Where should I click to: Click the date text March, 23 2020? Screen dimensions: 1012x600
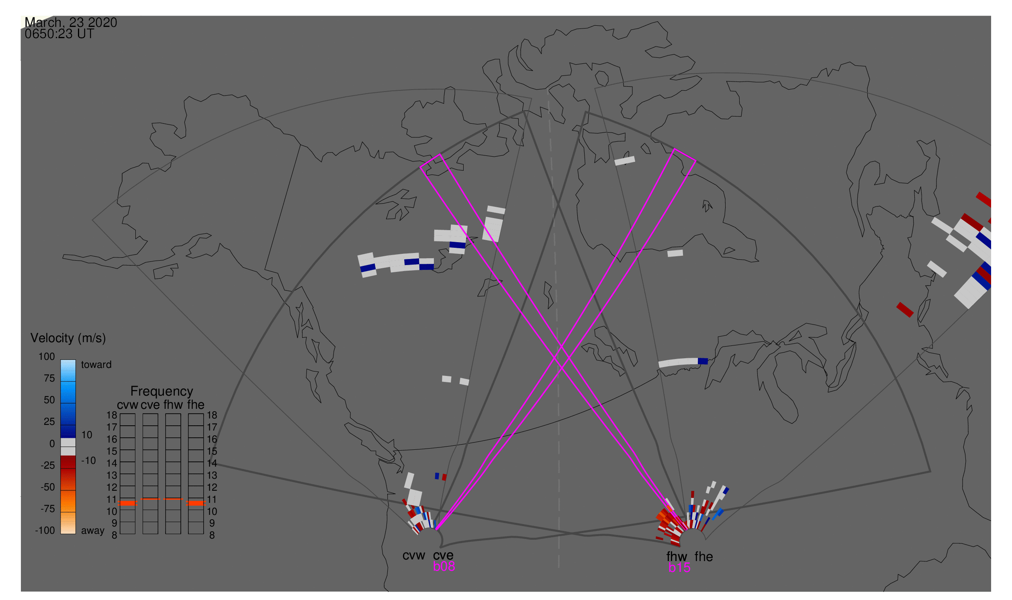click(x=71, y=22)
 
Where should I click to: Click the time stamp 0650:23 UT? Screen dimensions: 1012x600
click(x=59, y=34)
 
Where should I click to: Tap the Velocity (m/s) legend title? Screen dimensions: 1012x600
click(x=68, y=339)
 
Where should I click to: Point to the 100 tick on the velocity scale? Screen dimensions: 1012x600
click(x=47, y=357)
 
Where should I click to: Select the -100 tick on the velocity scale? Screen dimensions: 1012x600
click(x=45, y=531)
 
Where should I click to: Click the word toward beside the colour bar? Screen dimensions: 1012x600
click(x=96, y=365)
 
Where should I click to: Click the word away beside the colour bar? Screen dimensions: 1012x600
click(x=93, y=531)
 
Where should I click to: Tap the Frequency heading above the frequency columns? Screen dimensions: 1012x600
click(x=162, y=392)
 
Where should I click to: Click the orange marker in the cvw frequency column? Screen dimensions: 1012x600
click(x=128, y=503)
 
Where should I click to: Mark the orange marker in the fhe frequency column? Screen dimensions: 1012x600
click(x=196, y=503)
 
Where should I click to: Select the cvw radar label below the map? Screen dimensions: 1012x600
click(x=414, y=556)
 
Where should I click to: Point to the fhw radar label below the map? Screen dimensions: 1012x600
click(x=677, y=557)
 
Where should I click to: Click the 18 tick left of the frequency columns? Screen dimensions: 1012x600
click(x=112, y=415)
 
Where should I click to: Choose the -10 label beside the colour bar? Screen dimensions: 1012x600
click(x=88, y=461)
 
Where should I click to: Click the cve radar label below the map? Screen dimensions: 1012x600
click(x=443, y=556)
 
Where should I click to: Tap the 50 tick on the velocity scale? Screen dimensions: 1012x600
click(x=49, y=400)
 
